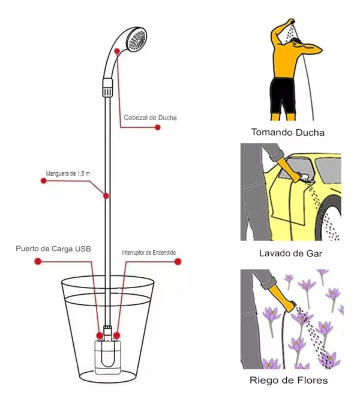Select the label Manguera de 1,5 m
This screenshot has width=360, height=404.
[68, 174]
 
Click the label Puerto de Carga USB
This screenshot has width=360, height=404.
[54, 248]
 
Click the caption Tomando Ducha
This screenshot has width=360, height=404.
[292, 132]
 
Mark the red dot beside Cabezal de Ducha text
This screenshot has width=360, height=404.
[157, 127]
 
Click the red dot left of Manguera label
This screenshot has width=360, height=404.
[43, 181]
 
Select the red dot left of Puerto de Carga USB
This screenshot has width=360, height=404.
[38, 262]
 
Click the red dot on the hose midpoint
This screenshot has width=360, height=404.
[106, 196]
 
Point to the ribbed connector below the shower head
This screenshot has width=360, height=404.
[108, 88]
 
